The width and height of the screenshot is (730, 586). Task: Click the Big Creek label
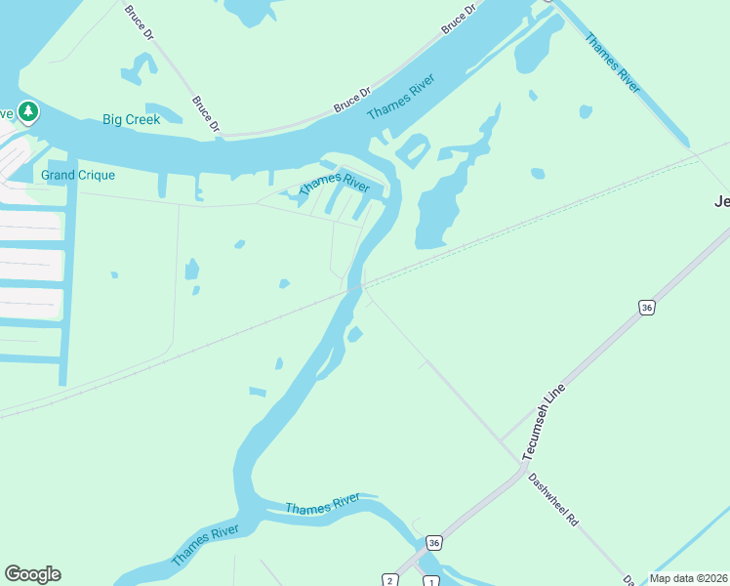pyautogui.click(x=131, y=120)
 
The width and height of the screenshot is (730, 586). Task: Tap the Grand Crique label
pyautogui.click(x=78, y=176)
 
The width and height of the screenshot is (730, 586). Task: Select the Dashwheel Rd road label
pyautogui.click(x=553, y=501)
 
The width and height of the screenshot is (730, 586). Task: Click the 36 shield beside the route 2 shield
pyautogui.click(x=434, y=542)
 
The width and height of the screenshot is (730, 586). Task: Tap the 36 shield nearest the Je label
pyautogui.click(x=646, y=308)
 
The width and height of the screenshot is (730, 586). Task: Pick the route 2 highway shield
pyautogui.click(x=390, y=581)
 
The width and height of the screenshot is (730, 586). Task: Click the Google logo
pyautogui.click(x=32, y=574)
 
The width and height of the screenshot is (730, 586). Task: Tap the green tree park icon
pyautogui.click(x=29, y=112)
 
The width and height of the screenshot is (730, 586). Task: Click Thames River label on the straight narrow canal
pyautogui.click(x=612, y=63)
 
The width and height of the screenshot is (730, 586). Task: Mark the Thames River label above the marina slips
pyautogui.click(x=334, y=183)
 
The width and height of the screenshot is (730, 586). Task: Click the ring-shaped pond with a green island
pyautogui.click(x=412, y=150)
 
